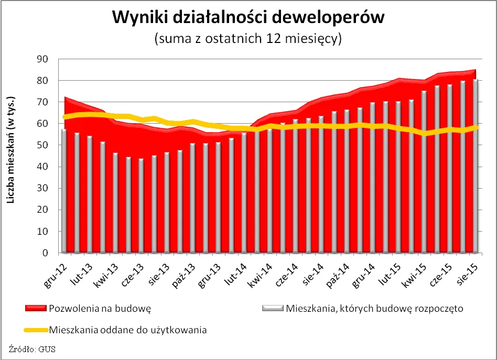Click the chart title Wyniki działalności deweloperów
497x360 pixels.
pyautogui.click(x=248, y=18)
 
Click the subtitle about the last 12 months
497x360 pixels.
pyautogui.click(x=248, y=39)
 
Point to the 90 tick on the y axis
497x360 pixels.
pyautogui.click(x=42, y=59)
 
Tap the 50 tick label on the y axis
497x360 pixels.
pyautogui.click(x=42, y=145)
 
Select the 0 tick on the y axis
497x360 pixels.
pyautogui.click(x=45, y=253)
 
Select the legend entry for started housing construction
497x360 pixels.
pyautogui.click(x=374, y=308)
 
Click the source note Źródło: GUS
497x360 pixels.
pyautogui.click(x=32, y=348)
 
